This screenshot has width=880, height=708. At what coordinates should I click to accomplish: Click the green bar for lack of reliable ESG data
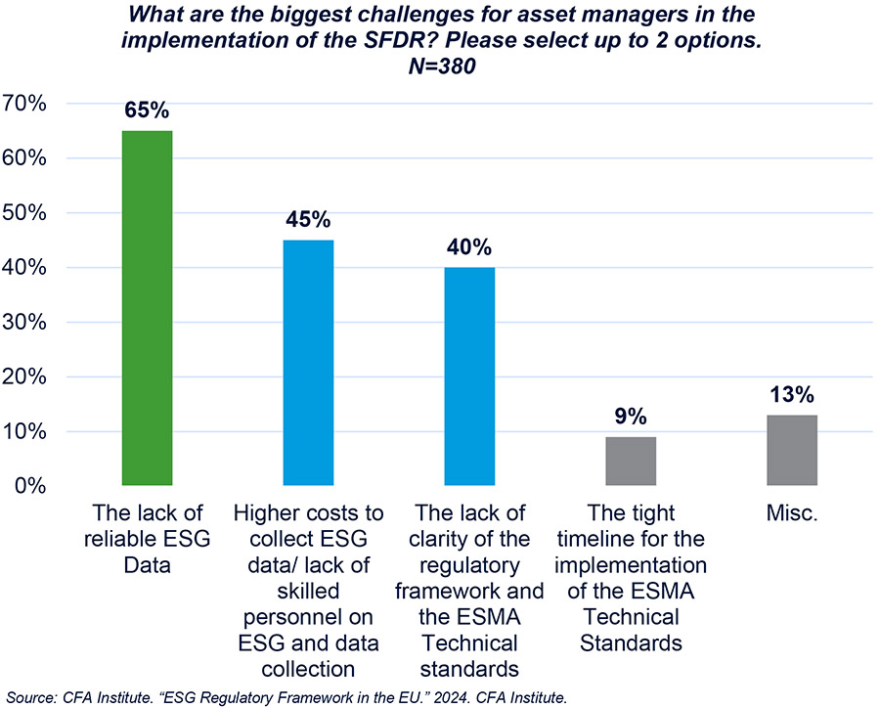[x=147, y=308]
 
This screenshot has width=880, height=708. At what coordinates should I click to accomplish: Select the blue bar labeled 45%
[x=308, y=363]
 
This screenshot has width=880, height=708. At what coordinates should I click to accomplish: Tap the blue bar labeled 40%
[x=469, y=376]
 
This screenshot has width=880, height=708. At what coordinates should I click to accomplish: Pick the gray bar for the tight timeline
[x=631, y=461]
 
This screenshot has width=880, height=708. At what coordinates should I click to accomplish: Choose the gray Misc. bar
[x=792, y=450]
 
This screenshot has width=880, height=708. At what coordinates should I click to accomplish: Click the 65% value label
[x=147, y=110]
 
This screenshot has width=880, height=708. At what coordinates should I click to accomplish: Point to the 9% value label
[x=631, y=417]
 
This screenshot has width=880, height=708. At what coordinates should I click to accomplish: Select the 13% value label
[x=792, y=394]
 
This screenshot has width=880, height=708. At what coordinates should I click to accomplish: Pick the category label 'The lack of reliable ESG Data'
[x=147, y=540]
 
